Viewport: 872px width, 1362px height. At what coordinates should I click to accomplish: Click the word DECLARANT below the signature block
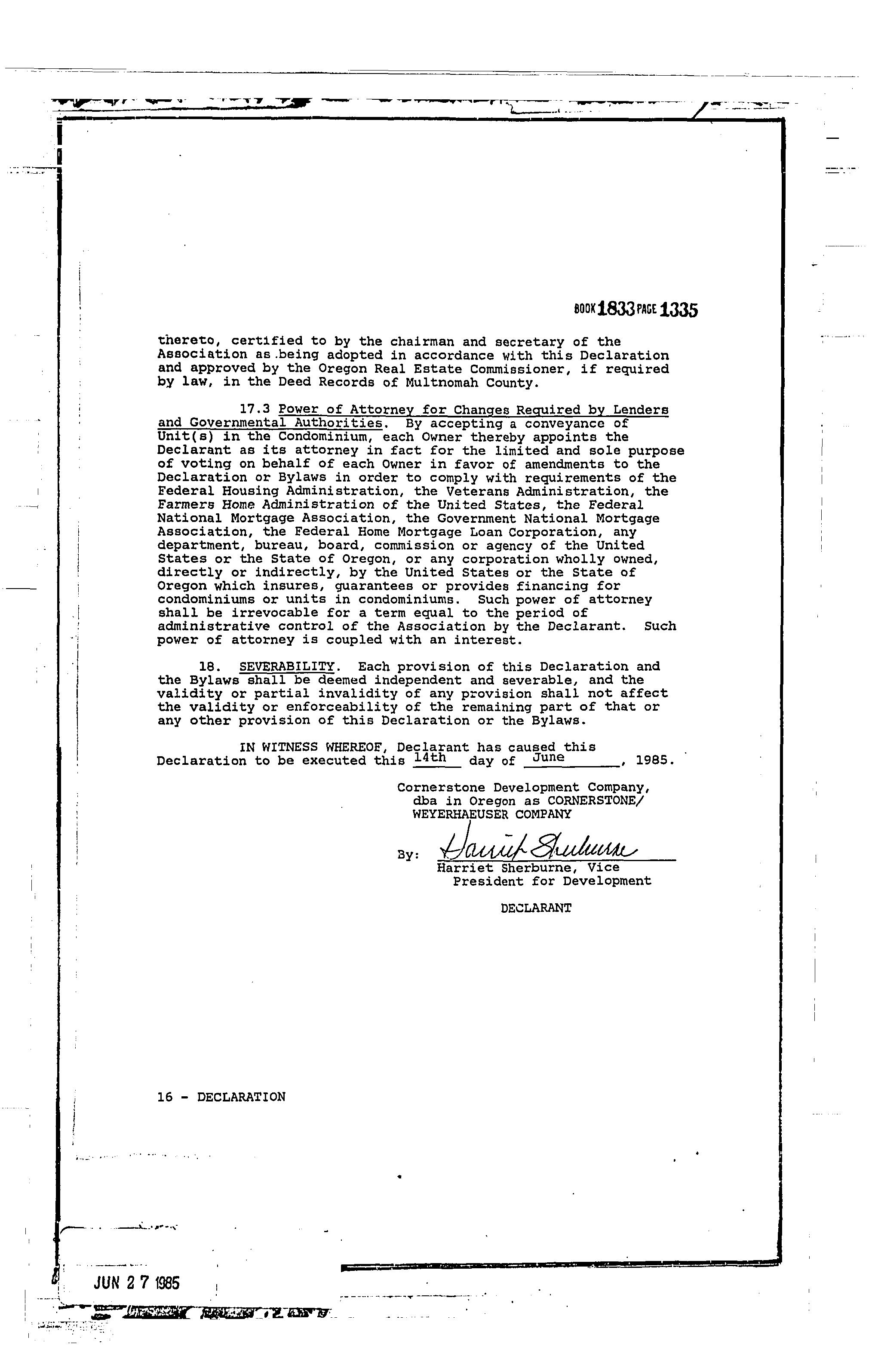coord(536,908)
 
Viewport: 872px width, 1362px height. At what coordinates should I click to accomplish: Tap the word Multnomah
coord(441,383)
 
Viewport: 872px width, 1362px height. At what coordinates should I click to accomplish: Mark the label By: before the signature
coord(408,855)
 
